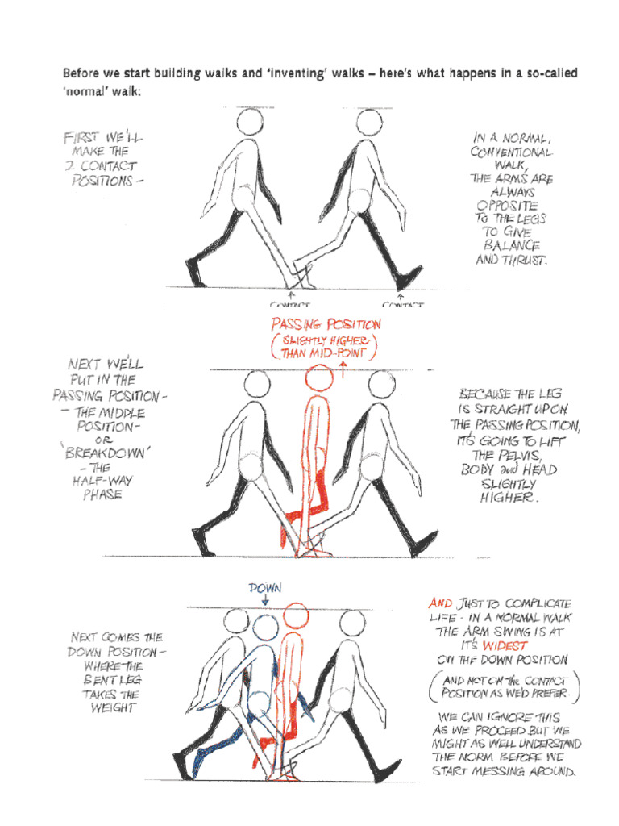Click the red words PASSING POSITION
pos(326,324)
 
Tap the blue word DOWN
pos(265,589)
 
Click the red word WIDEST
pos(505,646)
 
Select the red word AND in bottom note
pos(440,603)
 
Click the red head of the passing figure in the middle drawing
pos(318,378)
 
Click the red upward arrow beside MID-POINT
pos(343,369)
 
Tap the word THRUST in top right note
pos(524,261)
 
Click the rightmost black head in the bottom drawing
pos(351,622)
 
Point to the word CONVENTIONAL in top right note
pos(512,152)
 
